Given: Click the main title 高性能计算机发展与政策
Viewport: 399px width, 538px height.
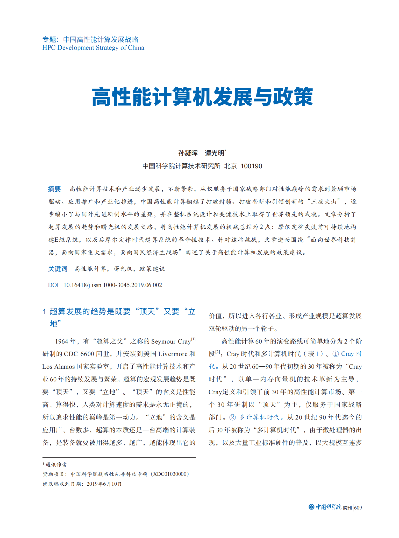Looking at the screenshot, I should tap(202, 97).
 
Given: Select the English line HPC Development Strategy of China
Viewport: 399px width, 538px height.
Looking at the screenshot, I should tap(93, 48).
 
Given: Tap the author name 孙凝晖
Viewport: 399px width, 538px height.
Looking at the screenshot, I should tap(188, 153).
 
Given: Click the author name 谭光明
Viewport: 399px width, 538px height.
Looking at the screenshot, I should tap(215, 153).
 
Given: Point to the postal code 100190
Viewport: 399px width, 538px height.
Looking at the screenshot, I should tap(251, 166).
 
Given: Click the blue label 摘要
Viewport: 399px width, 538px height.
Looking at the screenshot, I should tap(54, 189).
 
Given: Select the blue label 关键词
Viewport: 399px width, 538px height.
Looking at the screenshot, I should tap(58, 269).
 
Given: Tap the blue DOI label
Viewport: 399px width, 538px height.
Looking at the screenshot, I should tap(53, 285).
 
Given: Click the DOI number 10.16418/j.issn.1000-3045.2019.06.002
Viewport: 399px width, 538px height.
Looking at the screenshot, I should tap(113, 285).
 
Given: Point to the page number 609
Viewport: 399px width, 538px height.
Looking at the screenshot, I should tap(358, 508).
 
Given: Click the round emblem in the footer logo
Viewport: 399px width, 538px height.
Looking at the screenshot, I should tap(311, 507).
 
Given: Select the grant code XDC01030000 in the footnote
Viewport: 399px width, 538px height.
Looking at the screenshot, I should tap(170, 474).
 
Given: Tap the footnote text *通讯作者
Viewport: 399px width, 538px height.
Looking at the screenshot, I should tap(55, 464).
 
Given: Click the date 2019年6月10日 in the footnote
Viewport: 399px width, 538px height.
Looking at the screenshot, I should tap(104, 484).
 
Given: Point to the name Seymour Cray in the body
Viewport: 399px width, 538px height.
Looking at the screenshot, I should tap(171, 341).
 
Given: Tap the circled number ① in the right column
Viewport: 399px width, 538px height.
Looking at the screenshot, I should tap(336, 354).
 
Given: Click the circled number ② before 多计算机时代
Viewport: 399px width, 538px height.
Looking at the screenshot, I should tap(233, 417).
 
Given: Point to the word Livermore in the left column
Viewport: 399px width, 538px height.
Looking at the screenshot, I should tap(173, 354).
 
